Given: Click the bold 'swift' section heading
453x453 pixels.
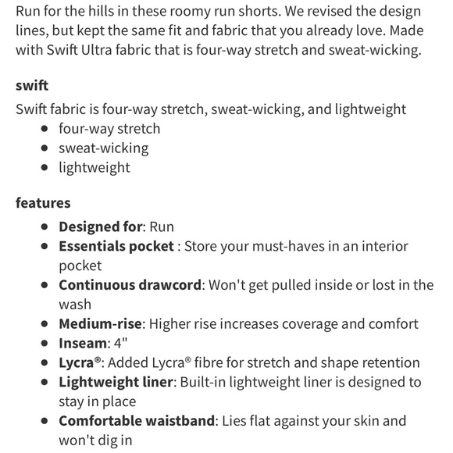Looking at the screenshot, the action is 32,86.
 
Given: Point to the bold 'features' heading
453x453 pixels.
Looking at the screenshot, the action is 43,203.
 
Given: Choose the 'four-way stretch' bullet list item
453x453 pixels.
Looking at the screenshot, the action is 109,129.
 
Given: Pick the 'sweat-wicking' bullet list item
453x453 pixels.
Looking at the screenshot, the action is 103,148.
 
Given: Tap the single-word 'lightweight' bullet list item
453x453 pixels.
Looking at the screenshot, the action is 95,167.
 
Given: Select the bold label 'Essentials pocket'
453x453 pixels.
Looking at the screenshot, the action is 116,246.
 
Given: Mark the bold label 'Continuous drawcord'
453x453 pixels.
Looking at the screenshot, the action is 130,285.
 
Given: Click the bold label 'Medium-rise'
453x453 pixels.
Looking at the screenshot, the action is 100,323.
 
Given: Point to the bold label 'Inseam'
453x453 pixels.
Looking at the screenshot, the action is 83,343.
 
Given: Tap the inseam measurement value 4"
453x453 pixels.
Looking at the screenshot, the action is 120,343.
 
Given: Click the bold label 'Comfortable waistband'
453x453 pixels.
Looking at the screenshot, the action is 137,421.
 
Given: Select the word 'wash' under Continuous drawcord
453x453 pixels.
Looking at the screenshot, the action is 75,305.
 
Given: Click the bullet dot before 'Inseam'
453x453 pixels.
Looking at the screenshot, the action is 45,344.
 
